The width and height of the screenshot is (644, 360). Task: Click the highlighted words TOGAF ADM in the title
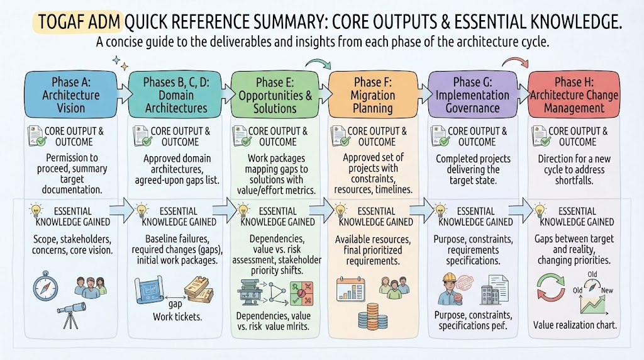click(x=77, y=22)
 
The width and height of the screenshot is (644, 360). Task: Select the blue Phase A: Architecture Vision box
click(x=70, y=95)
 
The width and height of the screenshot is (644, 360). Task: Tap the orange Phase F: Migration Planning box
click(x=373, y=95)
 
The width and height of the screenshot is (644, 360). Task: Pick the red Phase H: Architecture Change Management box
click(x=574, y=95)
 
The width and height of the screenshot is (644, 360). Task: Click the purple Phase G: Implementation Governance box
click(x=472, y=95)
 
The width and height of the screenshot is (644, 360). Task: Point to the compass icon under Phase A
click(x=45, y=286)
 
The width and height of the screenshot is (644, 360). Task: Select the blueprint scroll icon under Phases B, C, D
click(x=149, y=290)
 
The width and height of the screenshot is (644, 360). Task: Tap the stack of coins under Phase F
click(x=373, y=316)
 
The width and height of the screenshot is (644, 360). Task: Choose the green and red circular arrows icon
click(x=551, y=288)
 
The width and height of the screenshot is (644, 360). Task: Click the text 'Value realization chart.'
click(x=575, y=325)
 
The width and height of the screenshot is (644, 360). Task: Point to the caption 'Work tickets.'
click(x=177, y=317)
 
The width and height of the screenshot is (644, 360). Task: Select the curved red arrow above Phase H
click(x=515, y=61)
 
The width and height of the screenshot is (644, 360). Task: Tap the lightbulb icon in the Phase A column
click(x=36, y=210)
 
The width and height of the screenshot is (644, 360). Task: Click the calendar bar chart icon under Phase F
click(x=350, y=289)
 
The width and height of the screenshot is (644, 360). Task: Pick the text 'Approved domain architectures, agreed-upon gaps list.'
click(x=177, y=169)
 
